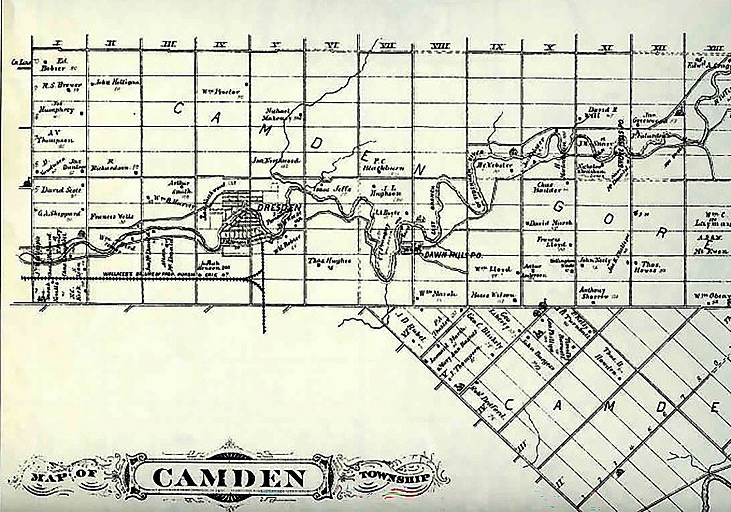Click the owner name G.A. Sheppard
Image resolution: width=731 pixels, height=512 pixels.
click(59, 213)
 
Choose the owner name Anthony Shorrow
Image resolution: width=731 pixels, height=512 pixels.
click(593, 293)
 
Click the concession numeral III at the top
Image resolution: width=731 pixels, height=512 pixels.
click(168, 45)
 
